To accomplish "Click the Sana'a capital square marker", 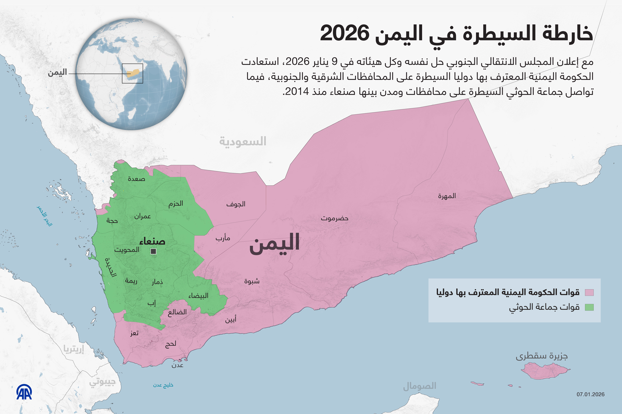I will click(x=153, y=251).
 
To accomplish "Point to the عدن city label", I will click(x=177, y=365).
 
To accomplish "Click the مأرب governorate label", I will click(x=223, y=238).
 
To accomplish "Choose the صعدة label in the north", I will click(x=136, y=179).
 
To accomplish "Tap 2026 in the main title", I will click(x=345, y=33).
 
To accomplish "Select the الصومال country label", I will click(x=420, y=386).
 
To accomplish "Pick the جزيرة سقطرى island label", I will click(x=542, y=356).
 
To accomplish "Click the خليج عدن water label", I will click(x=163, y=385).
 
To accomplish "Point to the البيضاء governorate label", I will click(x=198, y=296).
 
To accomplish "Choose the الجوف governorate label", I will click(x=236, y=204).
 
